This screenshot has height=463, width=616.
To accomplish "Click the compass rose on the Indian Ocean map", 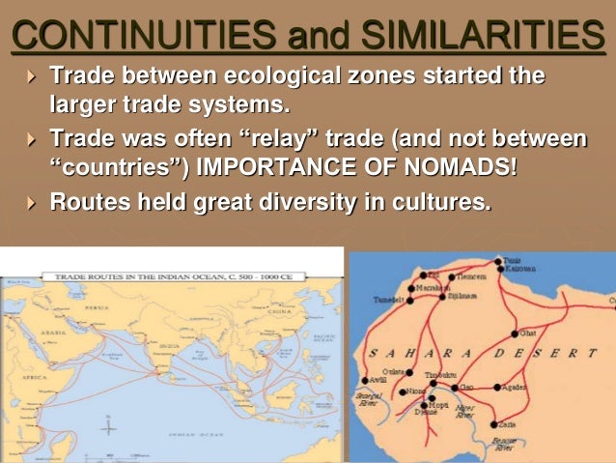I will (x=108, y=426).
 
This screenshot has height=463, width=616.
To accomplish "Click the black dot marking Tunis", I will (x=497, y=260).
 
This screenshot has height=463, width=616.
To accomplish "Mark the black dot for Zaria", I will (x=494, y=423).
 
